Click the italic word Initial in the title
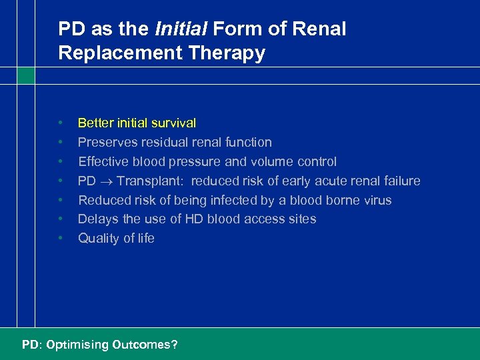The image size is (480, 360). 179,29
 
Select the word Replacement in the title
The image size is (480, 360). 115,53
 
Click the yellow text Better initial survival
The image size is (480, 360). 137,123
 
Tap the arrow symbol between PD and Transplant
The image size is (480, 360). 106,181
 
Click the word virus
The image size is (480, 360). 377,200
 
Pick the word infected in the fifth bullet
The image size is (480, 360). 219,200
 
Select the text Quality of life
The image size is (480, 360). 116,238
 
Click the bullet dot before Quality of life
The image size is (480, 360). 61,238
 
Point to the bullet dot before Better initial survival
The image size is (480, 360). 61,123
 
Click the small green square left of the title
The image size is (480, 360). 25,75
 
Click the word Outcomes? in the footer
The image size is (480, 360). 145,345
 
